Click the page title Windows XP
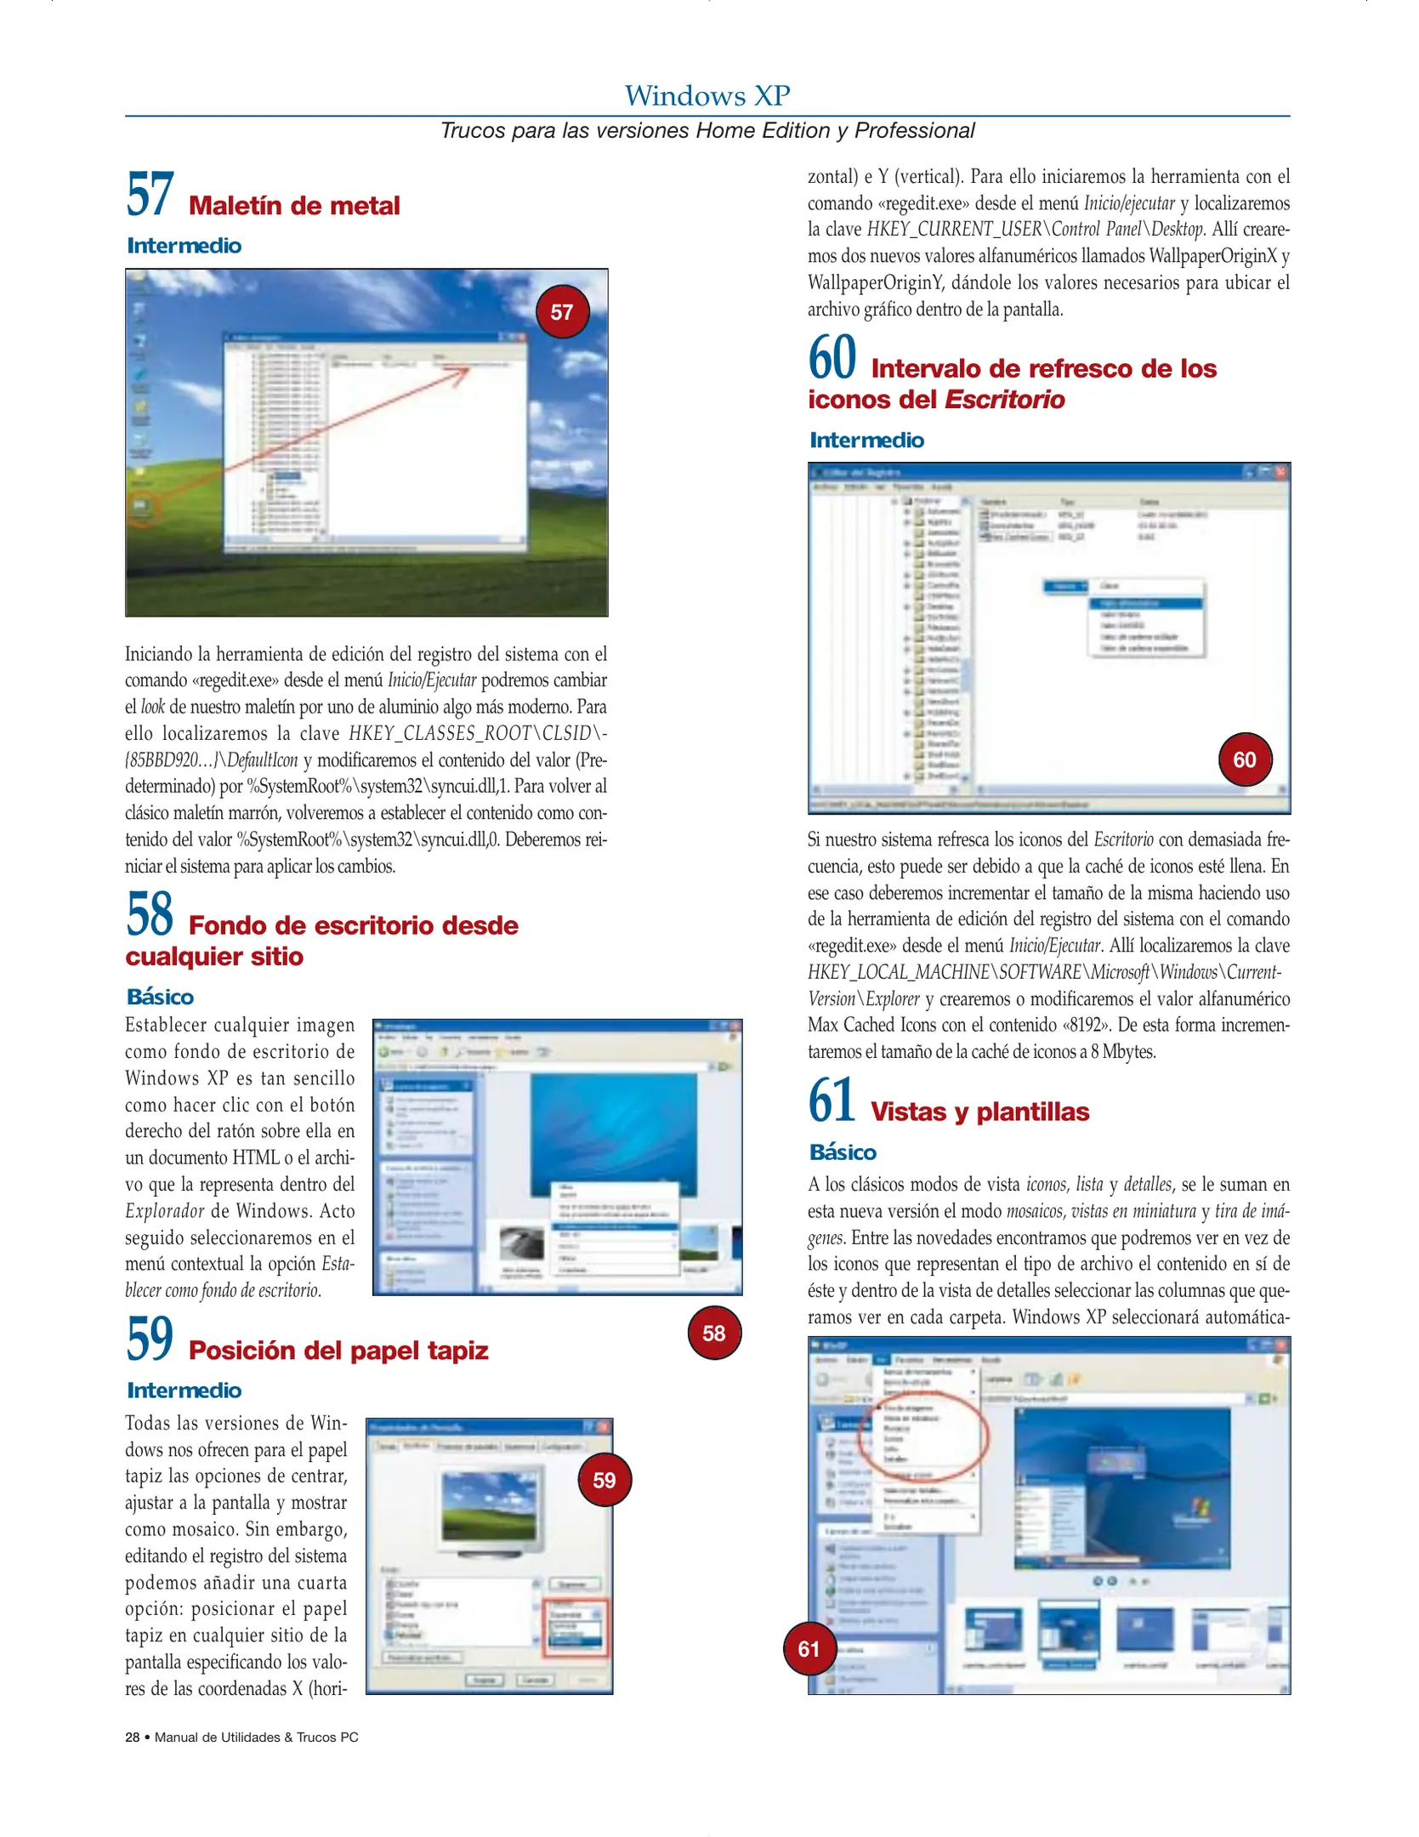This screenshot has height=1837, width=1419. click(x=707, y=95)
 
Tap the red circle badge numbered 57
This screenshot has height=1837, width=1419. click(x=561, y=312)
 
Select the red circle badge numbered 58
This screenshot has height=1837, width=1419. click(x=714, y=1333)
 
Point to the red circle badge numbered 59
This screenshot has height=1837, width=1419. click(x=604, y=1481)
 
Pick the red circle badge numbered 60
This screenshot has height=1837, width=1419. click(x=1245, y=759)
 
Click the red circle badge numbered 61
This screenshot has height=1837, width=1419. click(x=809, y=1649)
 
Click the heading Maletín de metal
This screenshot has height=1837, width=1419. click(x=294, y=206)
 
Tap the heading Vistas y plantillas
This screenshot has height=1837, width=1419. click(x=979, y=1112)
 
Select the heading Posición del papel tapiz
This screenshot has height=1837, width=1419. click(x=338, y=1351)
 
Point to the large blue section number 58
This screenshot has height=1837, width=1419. click(x=150, y=914)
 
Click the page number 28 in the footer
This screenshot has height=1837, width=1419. click(x=133, y=1737)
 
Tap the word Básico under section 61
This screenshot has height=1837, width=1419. click(x=843, y=1152)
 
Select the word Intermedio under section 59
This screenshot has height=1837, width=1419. click(x=184, y=1391)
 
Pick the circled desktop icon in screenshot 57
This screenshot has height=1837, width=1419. click(x=141, y=508)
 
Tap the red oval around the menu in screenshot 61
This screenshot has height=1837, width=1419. click(x=923, y=1435)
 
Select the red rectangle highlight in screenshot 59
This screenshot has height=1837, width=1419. click(x=576, y=1628)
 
